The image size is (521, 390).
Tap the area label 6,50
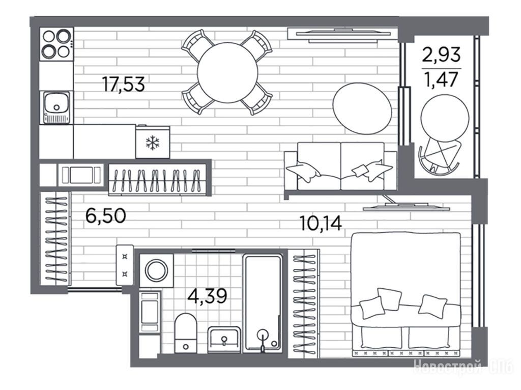click(106, 215)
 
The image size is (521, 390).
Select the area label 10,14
click(321, 223)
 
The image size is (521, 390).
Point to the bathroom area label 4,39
click(208, 296)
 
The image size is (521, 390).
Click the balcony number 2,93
click(442, 54)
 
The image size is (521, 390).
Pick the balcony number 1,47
click(442, 79)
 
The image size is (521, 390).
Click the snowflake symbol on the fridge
click(153, 142)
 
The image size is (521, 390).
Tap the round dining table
click(227, 72)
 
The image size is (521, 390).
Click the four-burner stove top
click(56, 44)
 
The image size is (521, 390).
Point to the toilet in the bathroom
click(185, 332)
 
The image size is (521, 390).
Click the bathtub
click(263, 303)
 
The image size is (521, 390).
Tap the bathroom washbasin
click(224, 340)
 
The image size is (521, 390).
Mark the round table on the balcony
click(445, 118)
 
